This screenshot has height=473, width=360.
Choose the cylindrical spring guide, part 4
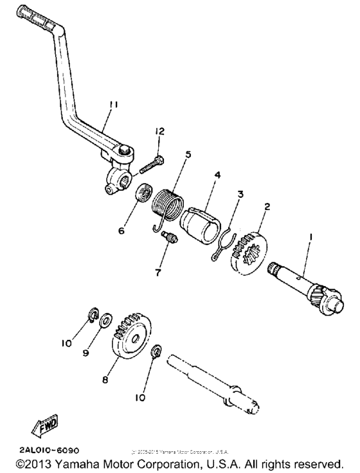(202, 222)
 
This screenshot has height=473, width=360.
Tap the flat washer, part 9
(106, 318)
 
